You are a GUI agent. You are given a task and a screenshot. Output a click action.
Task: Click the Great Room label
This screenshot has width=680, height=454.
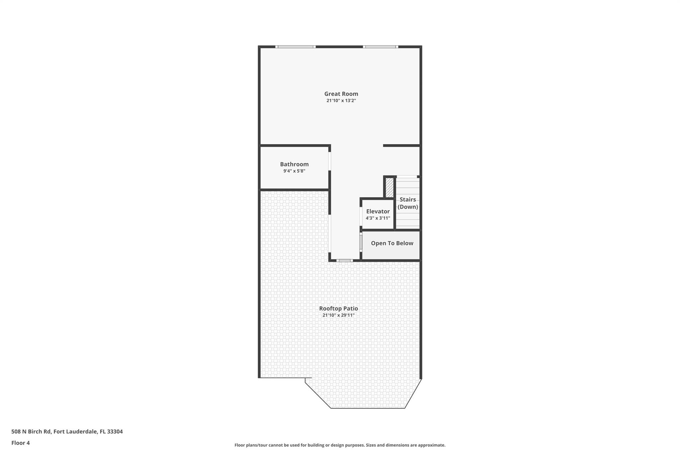[341, 94]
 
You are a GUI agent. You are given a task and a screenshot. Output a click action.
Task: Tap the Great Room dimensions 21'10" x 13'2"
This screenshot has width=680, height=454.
[341, 100]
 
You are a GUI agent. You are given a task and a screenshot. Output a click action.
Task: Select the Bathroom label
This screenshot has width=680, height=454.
[294, 164]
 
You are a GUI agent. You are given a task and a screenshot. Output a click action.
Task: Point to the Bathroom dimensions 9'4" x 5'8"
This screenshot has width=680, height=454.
[294, 171]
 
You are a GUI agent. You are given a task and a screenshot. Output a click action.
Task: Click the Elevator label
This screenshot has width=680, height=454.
[378, 211]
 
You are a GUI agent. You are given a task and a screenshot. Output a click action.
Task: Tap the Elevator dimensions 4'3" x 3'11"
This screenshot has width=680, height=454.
[378, 218]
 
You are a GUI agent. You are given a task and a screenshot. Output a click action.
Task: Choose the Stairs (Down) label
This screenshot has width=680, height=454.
[408, 203]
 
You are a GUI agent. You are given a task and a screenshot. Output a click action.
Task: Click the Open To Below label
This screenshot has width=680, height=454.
[392, 243]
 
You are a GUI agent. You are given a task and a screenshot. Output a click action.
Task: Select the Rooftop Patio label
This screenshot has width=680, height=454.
[338, 308]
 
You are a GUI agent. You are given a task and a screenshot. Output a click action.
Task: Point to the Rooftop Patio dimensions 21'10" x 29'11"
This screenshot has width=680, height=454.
[338, 315]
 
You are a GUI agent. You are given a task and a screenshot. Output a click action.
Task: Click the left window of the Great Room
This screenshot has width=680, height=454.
[295, 47]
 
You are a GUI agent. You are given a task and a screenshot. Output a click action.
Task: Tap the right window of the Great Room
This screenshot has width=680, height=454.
[381, 47]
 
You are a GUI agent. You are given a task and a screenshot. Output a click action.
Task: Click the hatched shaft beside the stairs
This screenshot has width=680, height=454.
[389, 187]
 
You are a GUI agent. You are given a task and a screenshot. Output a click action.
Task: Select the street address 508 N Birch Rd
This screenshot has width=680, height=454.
[31, 431]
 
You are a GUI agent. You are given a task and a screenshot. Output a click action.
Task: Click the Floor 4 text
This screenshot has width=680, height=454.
[21, 443]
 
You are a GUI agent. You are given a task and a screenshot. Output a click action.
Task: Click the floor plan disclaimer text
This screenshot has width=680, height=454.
[340, 445]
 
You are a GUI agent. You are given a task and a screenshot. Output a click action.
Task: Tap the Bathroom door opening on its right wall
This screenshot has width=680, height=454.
[330, 161]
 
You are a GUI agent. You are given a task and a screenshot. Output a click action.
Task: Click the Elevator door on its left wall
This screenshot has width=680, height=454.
[361, 216]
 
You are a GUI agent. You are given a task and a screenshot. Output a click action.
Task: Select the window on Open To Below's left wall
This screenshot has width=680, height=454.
[361, 241]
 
